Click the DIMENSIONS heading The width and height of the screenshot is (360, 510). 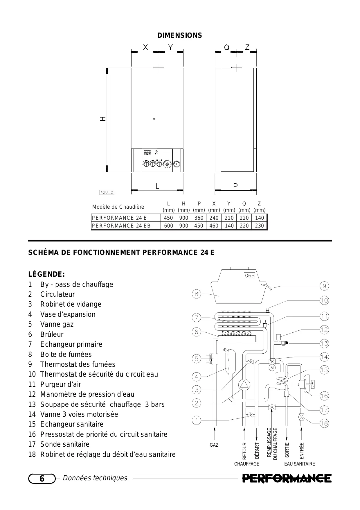(x=179, y=35)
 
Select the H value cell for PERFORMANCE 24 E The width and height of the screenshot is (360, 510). (x=183, y=218)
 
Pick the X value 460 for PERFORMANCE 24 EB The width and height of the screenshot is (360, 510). (x=214, y=226)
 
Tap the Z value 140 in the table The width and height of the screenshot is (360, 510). (x=259, y=218)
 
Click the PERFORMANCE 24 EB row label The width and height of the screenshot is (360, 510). (x=121, y=226)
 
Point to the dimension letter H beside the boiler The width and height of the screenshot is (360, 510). (x=103, y=119)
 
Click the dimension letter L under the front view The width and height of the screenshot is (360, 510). (x=157, y=186)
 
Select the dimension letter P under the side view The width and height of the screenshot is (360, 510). (x=235, y=186)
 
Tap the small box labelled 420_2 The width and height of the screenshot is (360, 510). (x=107, y=192)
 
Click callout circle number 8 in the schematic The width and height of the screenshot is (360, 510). (x=197, y=294)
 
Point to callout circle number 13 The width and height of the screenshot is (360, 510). (x=324, y=344)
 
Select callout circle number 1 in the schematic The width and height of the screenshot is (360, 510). (x=197, y=420)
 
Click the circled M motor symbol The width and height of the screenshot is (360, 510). (x=272, y=368)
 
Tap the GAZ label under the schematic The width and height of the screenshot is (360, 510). (x=214, y=445)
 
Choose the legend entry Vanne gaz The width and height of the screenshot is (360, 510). (x=57, y=324)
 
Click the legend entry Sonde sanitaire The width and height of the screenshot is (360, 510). (x=65, y=444)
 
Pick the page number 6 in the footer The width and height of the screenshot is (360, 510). (x=42, y=479)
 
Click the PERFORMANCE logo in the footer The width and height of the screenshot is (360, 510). (x=287, y=478)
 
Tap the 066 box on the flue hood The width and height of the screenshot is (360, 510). (x=249, y=275)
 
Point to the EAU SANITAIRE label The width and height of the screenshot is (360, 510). (x=299, y=464)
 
